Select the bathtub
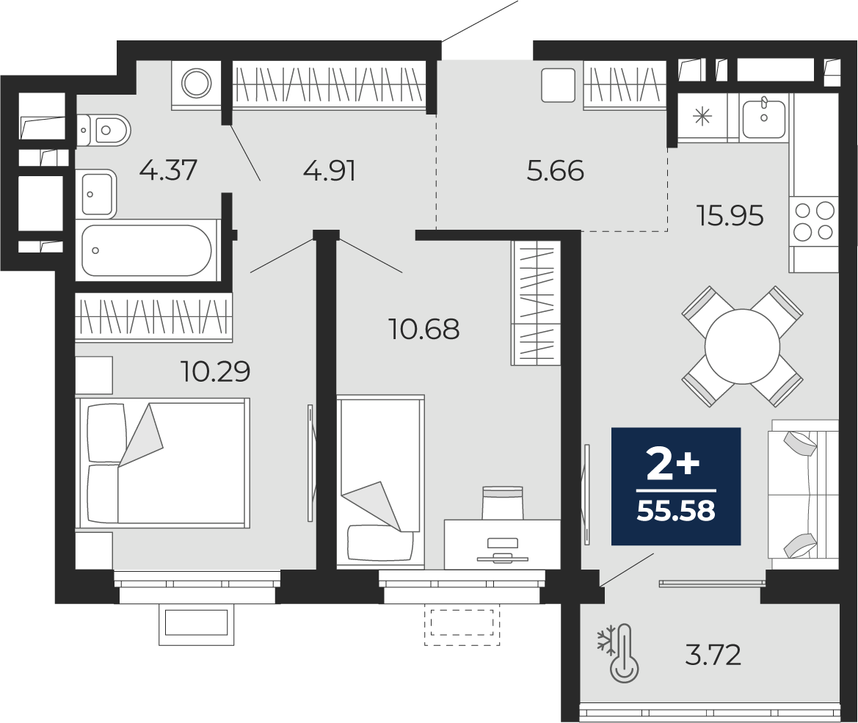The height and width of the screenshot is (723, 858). (x=147, y=250)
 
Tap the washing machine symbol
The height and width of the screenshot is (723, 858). (x=196, y=84)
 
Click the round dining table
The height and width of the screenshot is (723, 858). (x=742, y=346)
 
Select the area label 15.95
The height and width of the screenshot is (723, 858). (x=730, y=216)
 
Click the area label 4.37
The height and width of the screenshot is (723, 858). (x=168, y=171)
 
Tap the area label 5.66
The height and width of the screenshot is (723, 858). (x=555, y=171)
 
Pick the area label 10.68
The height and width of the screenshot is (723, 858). (x=424, y=330)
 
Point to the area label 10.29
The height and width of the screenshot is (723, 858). (x=216, y=371)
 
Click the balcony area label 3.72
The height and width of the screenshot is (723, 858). (x=713, y=653)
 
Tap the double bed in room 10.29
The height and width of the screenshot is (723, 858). (x=163, y=462)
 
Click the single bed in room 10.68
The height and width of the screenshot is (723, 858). (x=380, y=482)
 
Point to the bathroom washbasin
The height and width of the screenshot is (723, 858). (x=96, y=193)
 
